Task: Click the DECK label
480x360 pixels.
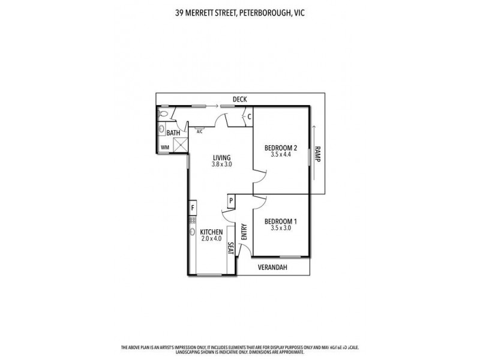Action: pos(240,100)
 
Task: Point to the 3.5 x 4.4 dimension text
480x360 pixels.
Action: pos(281,155)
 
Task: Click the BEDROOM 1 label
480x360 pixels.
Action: pos(281,221)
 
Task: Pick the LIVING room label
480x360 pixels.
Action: pos(221,157)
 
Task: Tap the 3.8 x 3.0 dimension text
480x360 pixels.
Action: pos(221,164)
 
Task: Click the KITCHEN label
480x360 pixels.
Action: pos(212,232)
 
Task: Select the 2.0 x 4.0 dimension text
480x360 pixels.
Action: pos(212,239)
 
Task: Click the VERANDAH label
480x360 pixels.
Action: pos(273,268)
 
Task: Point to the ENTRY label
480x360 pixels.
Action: pos(244,232)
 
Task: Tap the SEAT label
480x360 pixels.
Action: pos(230,248)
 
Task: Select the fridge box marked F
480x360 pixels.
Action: pos(193,208)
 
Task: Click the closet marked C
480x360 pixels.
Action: pos(249,116)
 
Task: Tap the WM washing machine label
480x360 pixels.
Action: pos(164,147)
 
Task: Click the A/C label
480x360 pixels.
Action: pos(199,131)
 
